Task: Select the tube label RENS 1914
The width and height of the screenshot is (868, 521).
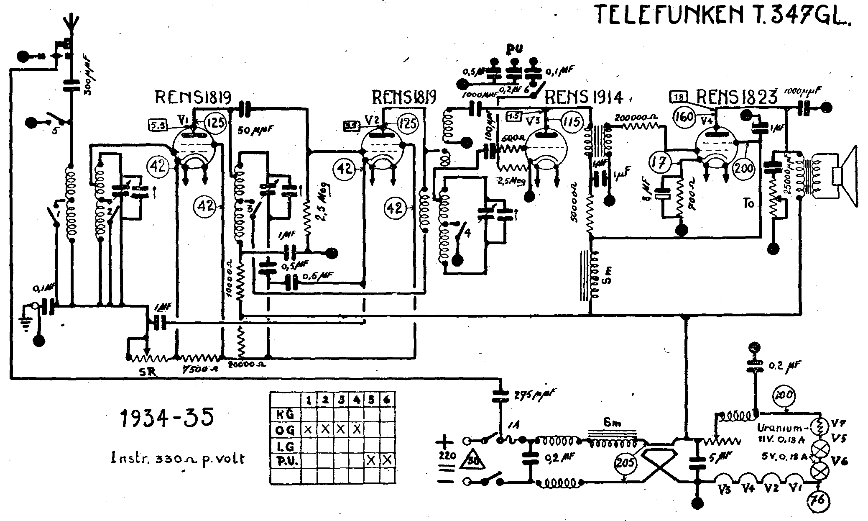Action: coord(584,98)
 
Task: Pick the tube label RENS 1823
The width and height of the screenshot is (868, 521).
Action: coord(736,98)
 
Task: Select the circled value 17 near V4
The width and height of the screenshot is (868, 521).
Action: coord(660,162)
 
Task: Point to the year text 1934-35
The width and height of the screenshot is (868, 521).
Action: coord(167,417)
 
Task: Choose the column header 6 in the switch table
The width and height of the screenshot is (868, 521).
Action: coord(387,400)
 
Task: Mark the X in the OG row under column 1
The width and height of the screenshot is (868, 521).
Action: coord(309,429)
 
